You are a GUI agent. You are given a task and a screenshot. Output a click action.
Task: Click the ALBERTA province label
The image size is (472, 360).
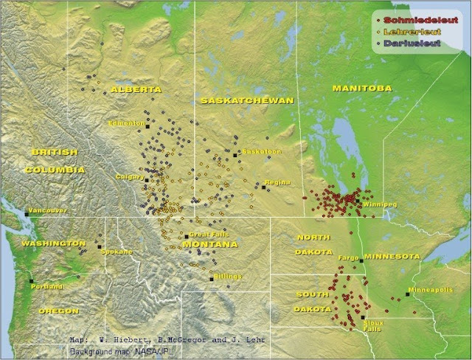[136, 89]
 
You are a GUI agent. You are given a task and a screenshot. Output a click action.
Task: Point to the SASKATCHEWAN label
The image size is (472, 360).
[247, 100]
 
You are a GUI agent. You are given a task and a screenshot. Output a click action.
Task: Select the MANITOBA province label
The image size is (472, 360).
[361, 89]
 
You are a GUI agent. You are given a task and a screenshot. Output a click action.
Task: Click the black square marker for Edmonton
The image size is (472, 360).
[147, 127]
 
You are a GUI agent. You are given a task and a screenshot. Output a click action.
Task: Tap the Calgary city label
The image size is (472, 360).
[128, 177]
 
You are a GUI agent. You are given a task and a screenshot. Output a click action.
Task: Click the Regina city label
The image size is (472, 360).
[277, 182]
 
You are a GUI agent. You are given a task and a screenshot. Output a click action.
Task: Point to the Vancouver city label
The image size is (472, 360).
[49, 210]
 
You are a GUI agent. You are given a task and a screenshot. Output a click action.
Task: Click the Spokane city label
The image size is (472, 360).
[117, 252]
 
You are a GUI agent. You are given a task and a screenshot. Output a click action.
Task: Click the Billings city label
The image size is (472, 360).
[227, 276]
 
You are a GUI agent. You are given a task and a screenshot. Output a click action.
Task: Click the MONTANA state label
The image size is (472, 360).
[210, 244]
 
